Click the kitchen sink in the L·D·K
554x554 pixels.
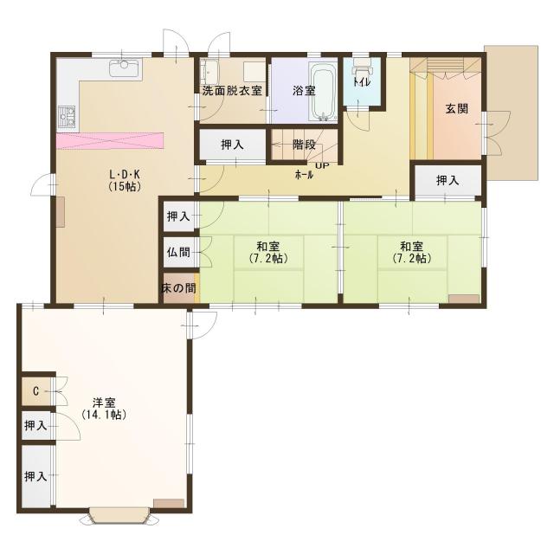pyautogui.click(x=123, y=68)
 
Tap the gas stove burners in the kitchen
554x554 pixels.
pyautogui.click(x=67, y=116)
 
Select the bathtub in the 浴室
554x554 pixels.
pyautogui.click(x=323, y=92)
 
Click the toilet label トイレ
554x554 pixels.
pyautogui.click(x=362, y=82)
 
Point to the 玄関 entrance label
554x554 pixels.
pyautogui.click(x=457, y=108)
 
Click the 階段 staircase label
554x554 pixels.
pyautogui.click(x=304, y=145)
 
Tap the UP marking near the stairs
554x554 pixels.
pyautogui.click(x=322, y=165)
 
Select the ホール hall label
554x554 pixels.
pyautogui.click(x=304, y=174)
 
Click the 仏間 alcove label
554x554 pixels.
pyautogui.click(x=178, y=252)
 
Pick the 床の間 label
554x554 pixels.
pyautogui.click(x=178, y=288)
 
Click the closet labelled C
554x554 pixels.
pyautogui.click(x=36, y=391)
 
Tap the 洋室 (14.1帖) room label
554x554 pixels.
pyautogui.click(x=104, y=409)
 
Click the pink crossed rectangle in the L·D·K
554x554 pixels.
pyautogui.click(x=110, y=141)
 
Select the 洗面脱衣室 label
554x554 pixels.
pyautogui.click(x=232, y=91)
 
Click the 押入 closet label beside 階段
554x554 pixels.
pyautogui.click(x=232, y=145)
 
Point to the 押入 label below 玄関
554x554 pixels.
pyautogui.click(x=448, y=181)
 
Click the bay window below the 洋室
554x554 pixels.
pyautogui.click(x=119, y=516)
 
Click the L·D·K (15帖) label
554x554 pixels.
pyautogui.click(x=125, y=181)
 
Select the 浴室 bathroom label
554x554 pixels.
pyautogui.click(x=304, y=91)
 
